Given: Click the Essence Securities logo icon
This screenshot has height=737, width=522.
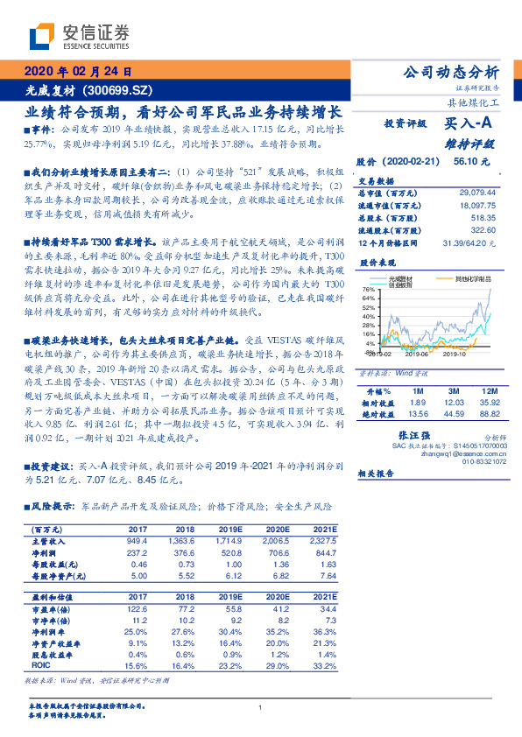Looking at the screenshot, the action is click(x=42, y=36).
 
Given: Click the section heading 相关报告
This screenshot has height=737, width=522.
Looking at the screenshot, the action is click(x=377, y=473).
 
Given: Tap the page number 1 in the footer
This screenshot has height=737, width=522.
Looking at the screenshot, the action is click(x=260, y=707).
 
